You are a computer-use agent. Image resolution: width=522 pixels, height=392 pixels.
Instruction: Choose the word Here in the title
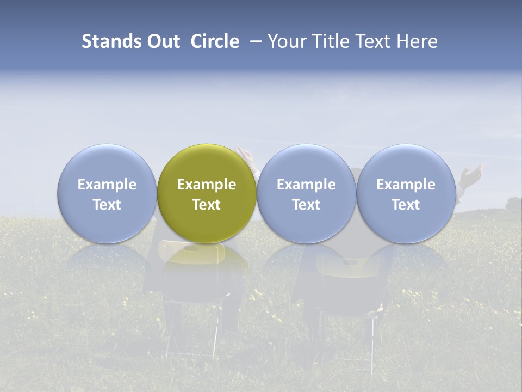tap(417, 41)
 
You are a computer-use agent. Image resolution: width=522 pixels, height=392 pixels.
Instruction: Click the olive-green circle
tap(207, 193)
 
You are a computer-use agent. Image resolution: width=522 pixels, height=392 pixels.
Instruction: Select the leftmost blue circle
tap(107, 193)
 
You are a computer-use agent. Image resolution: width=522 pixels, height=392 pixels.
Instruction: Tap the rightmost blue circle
tap(406, 193)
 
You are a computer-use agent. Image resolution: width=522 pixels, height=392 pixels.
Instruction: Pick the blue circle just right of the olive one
tap(306, 193)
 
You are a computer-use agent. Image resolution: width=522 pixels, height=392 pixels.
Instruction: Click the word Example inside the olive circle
tap(207, 185)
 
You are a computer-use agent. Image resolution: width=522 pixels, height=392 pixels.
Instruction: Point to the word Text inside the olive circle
tap(207, 205)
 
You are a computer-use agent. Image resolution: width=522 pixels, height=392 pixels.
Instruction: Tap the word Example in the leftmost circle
tap(107, 185)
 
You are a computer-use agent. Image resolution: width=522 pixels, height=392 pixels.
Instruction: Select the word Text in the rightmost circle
tap(406, 205)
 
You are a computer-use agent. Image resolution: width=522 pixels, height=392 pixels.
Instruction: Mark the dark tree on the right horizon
tap(513, 204)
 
